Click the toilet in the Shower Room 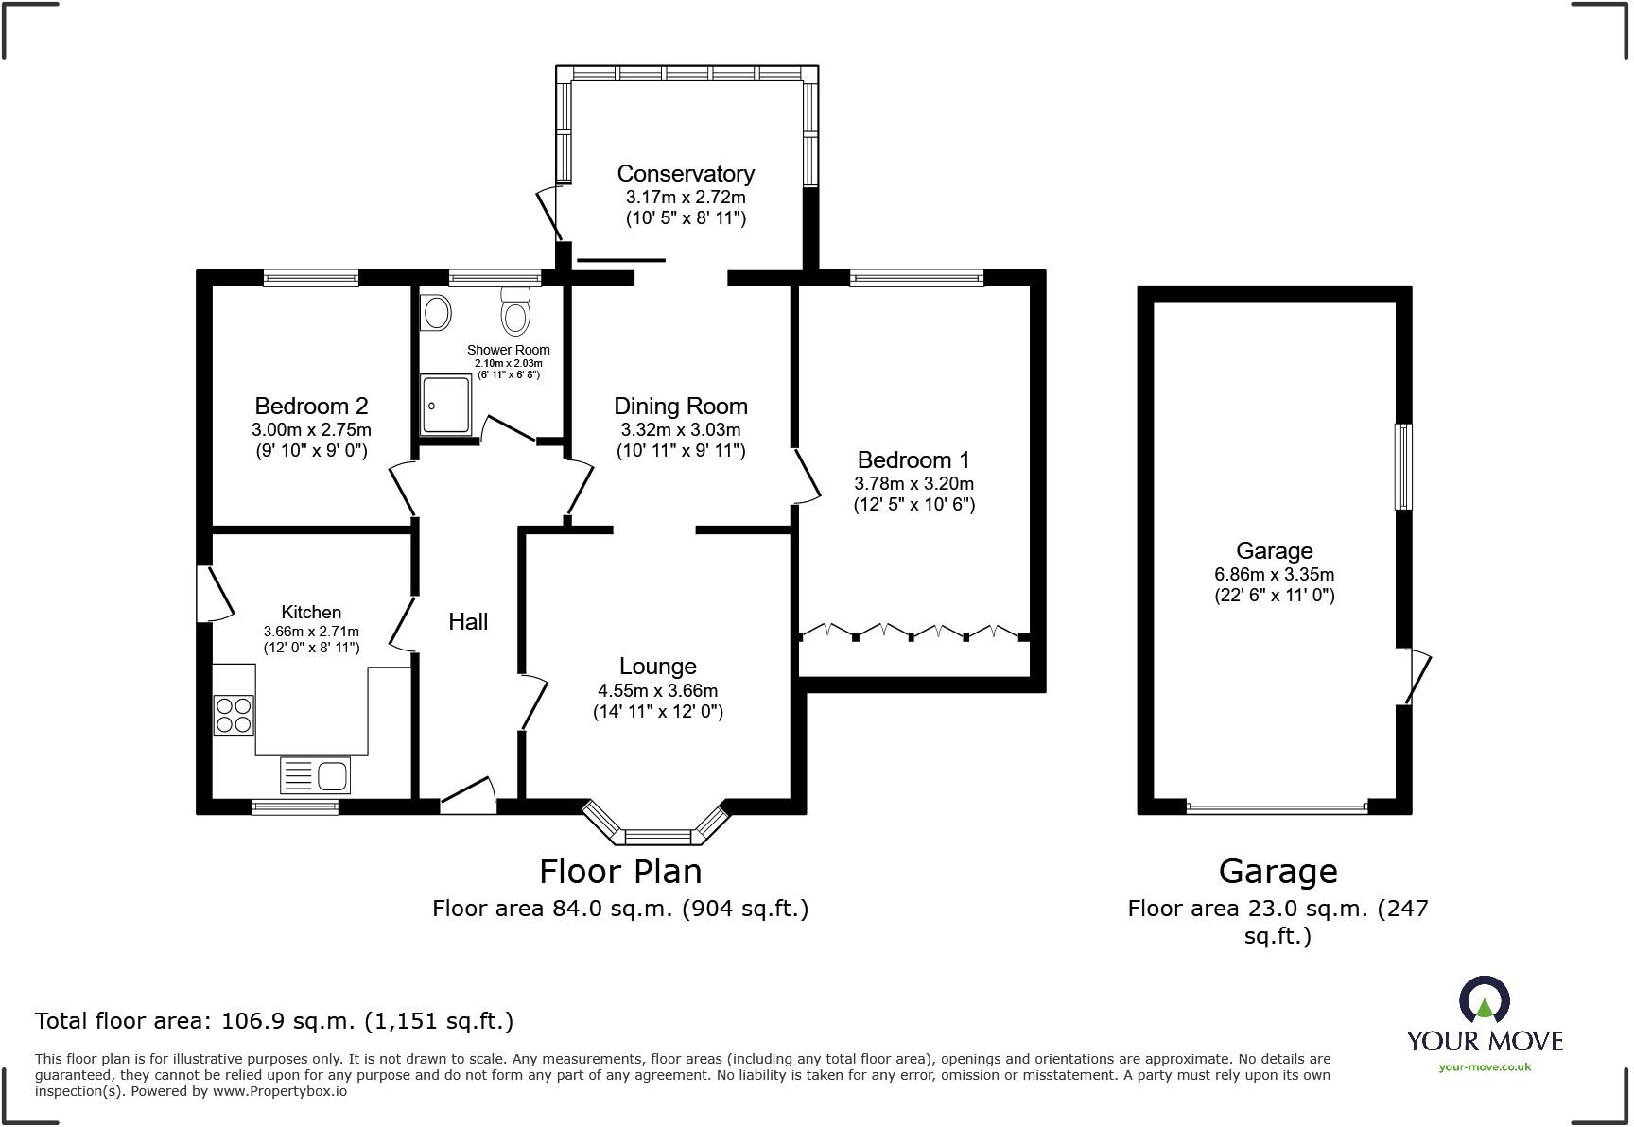click(x=515, y=310)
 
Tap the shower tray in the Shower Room click(x=445, y=405)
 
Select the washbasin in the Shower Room click(x=435, y=312)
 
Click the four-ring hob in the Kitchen click(x=234, y=715)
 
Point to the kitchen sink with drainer click(x=315, y=775)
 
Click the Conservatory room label click(x=686, y=174)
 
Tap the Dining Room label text click(x=681, y=407)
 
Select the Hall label click(x=468, y=621)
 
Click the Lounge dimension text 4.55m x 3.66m click(x=658, y=691)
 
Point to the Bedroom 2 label click(x=311, y=407)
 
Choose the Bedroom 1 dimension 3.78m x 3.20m click(x=913, y=484)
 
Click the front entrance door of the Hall click(x=468, y=795)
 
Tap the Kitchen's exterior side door click(x=215, y=594)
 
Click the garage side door click(x=1415, y=676)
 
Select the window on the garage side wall click(x=1404, y=467)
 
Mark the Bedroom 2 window click(x=311, y=278)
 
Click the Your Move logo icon click(x=1485, y=1000)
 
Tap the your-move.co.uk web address click(x=1485, y=1067)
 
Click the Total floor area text click(x=274, y=1021)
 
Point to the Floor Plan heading click(x=620, y=871)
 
